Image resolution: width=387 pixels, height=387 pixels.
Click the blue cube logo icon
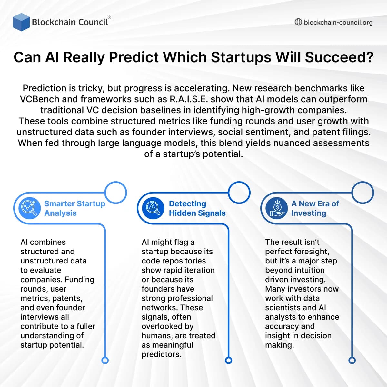pyautogui.click(x=21, y=22)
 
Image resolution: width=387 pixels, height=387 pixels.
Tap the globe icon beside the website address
pyautogui.click(x=298, y=22)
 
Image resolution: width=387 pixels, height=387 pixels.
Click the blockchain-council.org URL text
pyautogui.click(x=338, y=22)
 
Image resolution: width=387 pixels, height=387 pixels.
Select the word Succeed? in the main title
pyautogui.click(x=339, y=57)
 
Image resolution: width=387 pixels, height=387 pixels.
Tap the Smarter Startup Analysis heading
pyautogui.click(x=74, y=208)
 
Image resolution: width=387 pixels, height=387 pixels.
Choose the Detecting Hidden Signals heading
pyautogui.click(x=197, y=208)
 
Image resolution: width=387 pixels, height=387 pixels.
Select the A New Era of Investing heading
pyautogui.click(x=315, y=208)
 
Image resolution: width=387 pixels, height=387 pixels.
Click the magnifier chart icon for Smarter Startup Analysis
pyautogui.click(x=30, y=208)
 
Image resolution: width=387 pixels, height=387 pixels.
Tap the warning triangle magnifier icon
pyautogui.click(x=153, y=208)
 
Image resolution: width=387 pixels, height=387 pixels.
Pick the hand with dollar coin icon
pyautogui.click(x=276, y=208)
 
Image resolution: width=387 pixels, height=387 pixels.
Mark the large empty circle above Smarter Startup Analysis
pyautogui.click(x=116, y=193)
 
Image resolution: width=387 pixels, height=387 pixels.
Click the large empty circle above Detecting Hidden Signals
pyautogui.click(x=239, y=193)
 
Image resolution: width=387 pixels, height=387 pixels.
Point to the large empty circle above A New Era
pyautogui.click(x=362, y=193)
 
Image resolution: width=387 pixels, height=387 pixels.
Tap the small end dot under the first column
pyautogui.click(x=105, y=360)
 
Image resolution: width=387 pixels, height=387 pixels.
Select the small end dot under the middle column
pyautogui.click(x=228, y=360)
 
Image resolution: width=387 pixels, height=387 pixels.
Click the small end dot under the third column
pyautogui.click(x=352, y=360)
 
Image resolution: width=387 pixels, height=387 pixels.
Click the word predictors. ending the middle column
pyautogui.click(x=161, y=354)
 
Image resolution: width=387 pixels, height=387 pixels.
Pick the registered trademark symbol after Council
pyautogui.click(x=109, y=17)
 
